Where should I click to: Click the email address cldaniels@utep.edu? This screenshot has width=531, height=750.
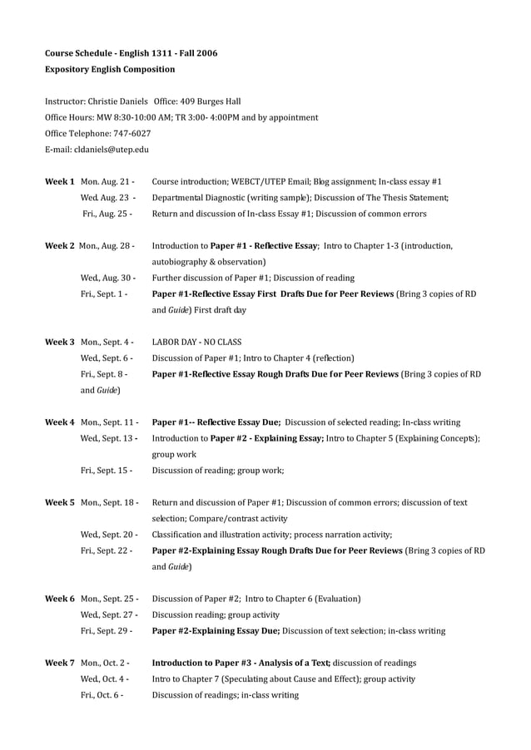(x=110, y=149)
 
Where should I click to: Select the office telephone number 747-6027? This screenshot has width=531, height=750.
(x=132, y=133)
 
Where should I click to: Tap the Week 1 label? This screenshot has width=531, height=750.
(x=60, y=181)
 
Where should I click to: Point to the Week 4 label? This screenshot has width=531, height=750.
(x=60, y=422)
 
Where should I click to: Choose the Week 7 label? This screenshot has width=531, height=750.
(x=60, y=663)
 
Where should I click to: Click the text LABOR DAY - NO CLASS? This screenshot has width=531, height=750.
(x=197, y=342)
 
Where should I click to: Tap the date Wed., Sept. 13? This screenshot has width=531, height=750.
(x=108, y=438)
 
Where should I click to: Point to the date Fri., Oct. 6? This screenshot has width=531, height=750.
(x=102, y=694)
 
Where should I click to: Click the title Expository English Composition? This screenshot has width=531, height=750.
(x=110, y=69)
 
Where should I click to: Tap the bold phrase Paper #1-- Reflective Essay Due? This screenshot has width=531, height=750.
(x=221, y=422)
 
